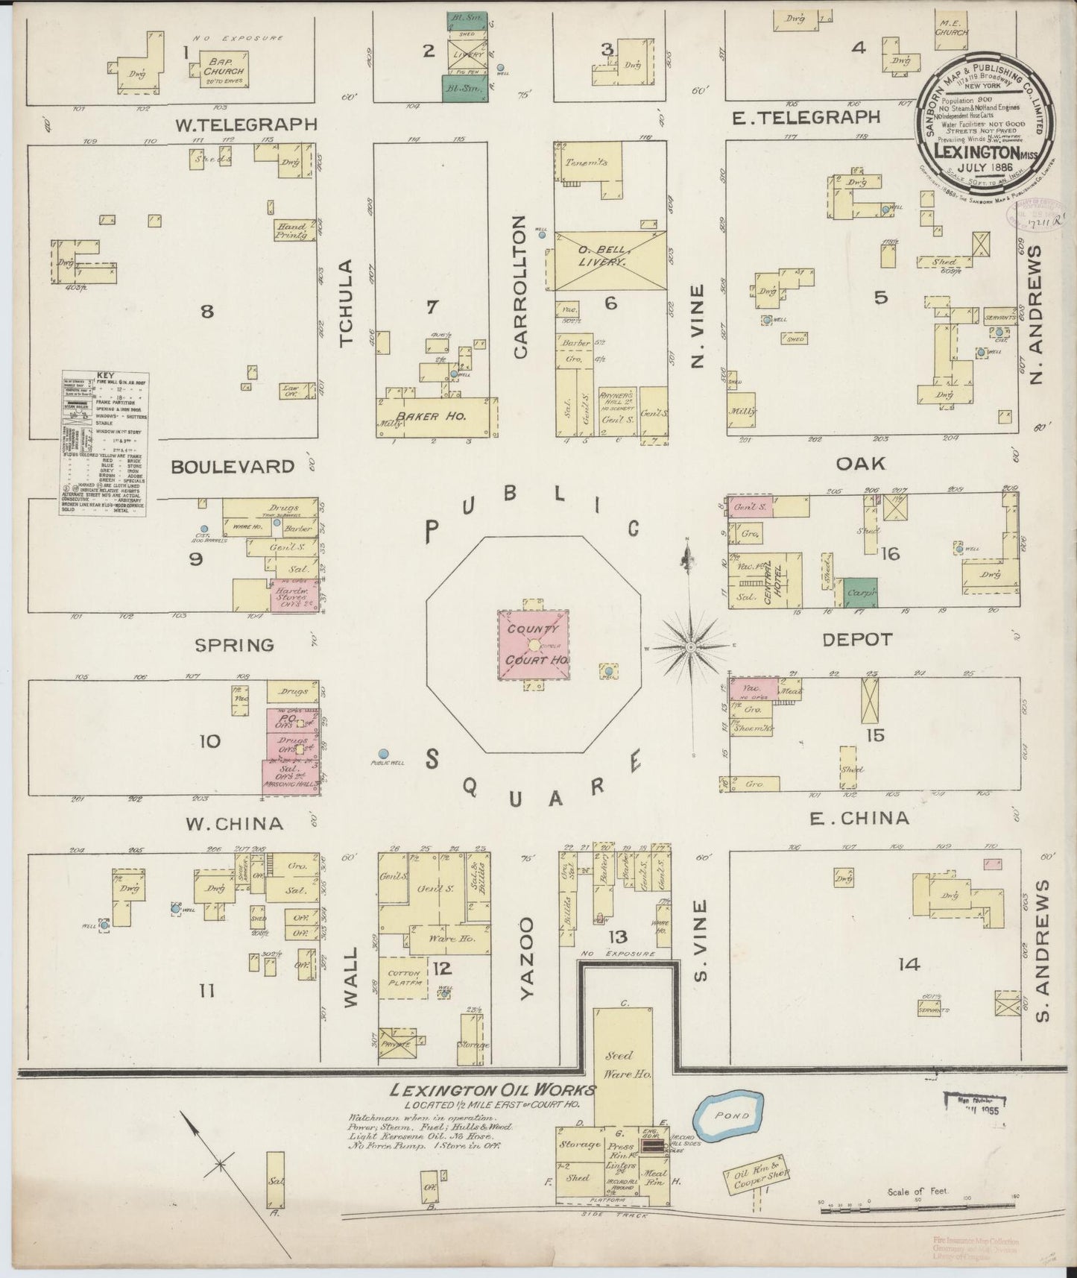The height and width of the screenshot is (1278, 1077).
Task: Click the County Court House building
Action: coord(534,645)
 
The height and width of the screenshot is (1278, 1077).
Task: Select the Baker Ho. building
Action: coord(437,416)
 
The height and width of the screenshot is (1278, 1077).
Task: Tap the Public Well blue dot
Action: coord(384,754)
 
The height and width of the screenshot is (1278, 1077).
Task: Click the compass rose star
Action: coord(691,646)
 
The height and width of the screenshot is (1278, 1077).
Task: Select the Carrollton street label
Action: coord(520,286)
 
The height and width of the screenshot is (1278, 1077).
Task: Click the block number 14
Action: coord(909,965)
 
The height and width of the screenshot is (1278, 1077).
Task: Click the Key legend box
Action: coord(104,444)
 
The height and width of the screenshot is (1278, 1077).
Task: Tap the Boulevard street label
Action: coord(233,467)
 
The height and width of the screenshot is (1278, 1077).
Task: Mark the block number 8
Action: coord(206,310)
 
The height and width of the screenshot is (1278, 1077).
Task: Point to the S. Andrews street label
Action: coord(1042,950)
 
